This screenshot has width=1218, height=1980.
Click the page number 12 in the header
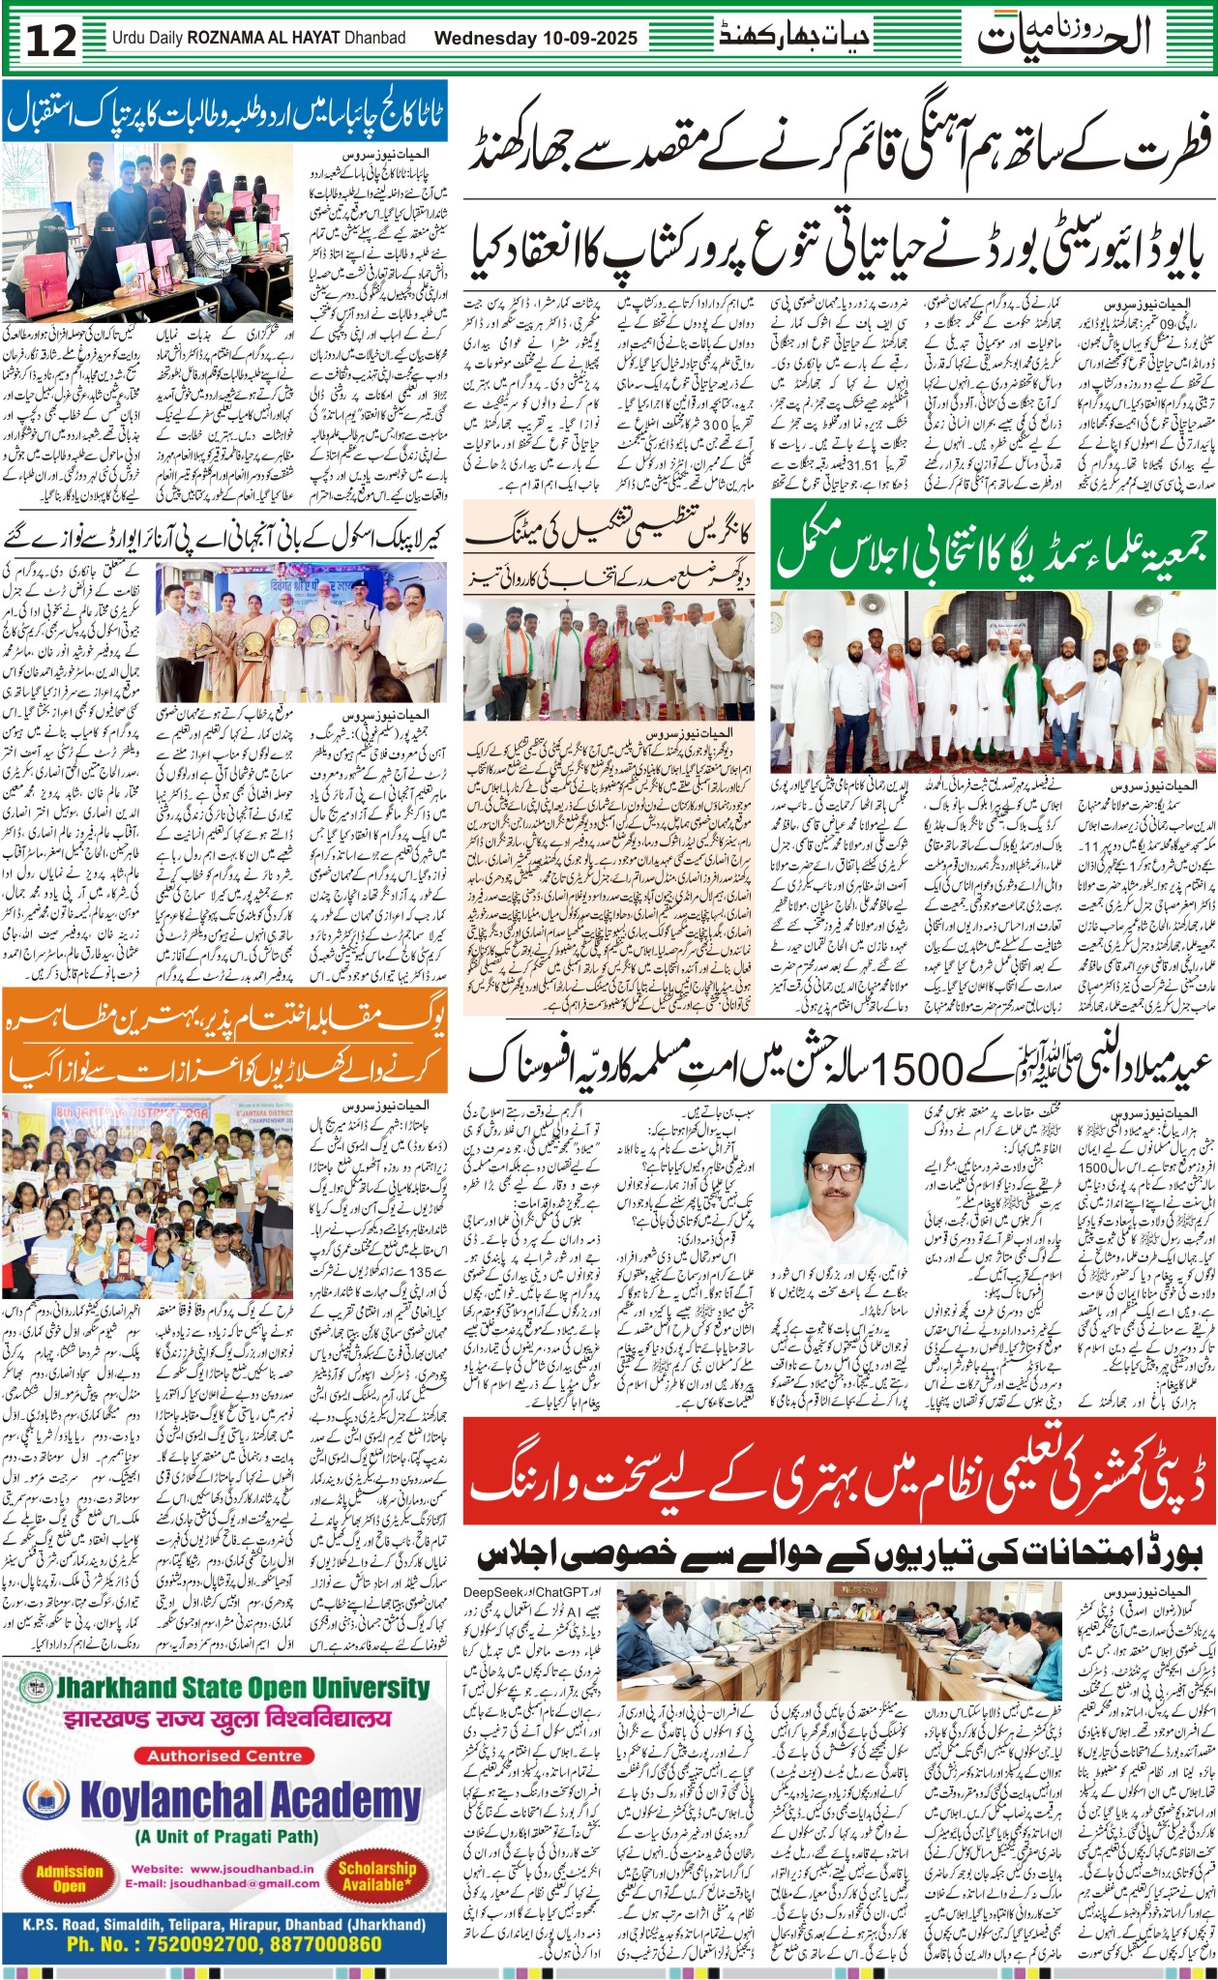coord(50,40)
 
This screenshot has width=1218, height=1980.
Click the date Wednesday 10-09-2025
coord(536,39)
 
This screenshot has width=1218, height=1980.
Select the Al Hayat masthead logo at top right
coord(1064,37)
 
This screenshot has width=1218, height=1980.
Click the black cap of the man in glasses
coord(824,1148)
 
